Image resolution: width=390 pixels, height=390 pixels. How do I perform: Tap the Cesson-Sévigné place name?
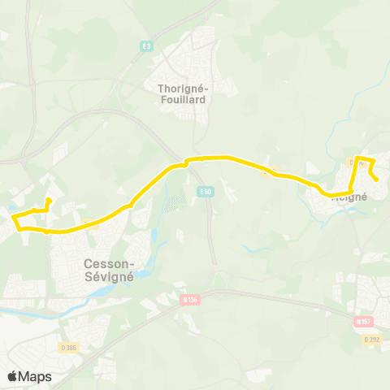point(110,269)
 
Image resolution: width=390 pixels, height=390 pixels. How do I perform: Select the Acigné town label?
point(351,197)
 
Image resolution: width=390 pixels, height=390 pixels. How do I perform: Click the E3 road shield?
point(146,46)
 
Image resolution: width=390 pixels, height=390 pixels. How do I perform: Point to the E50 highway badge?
point(206,191)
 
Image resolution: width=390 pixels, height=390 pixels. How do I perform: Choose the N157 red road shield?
point(362,322)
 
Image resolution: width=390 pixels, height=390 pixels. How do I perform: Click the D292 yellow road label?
point(372,339)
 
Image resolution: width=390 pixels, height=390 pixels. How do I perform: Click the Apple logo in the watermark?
point(13,376)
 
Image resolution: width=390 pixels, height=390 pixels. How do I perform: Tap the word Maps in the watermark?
point(36,376)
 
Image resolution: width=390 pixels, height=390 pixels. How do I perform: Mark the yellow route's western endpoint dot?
point(48,200)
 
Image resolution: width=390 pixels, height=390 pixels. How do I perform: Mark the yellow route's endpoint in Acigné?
point(376,180)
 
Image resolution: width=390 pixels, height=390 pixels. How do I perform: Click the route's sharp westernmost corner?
point(11,216)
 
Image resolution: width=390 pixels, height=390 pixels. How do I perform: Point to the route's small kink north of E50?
point(186,162)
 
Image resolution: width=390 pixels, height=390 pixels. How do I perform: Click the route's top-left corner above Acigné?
point(357,157)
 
